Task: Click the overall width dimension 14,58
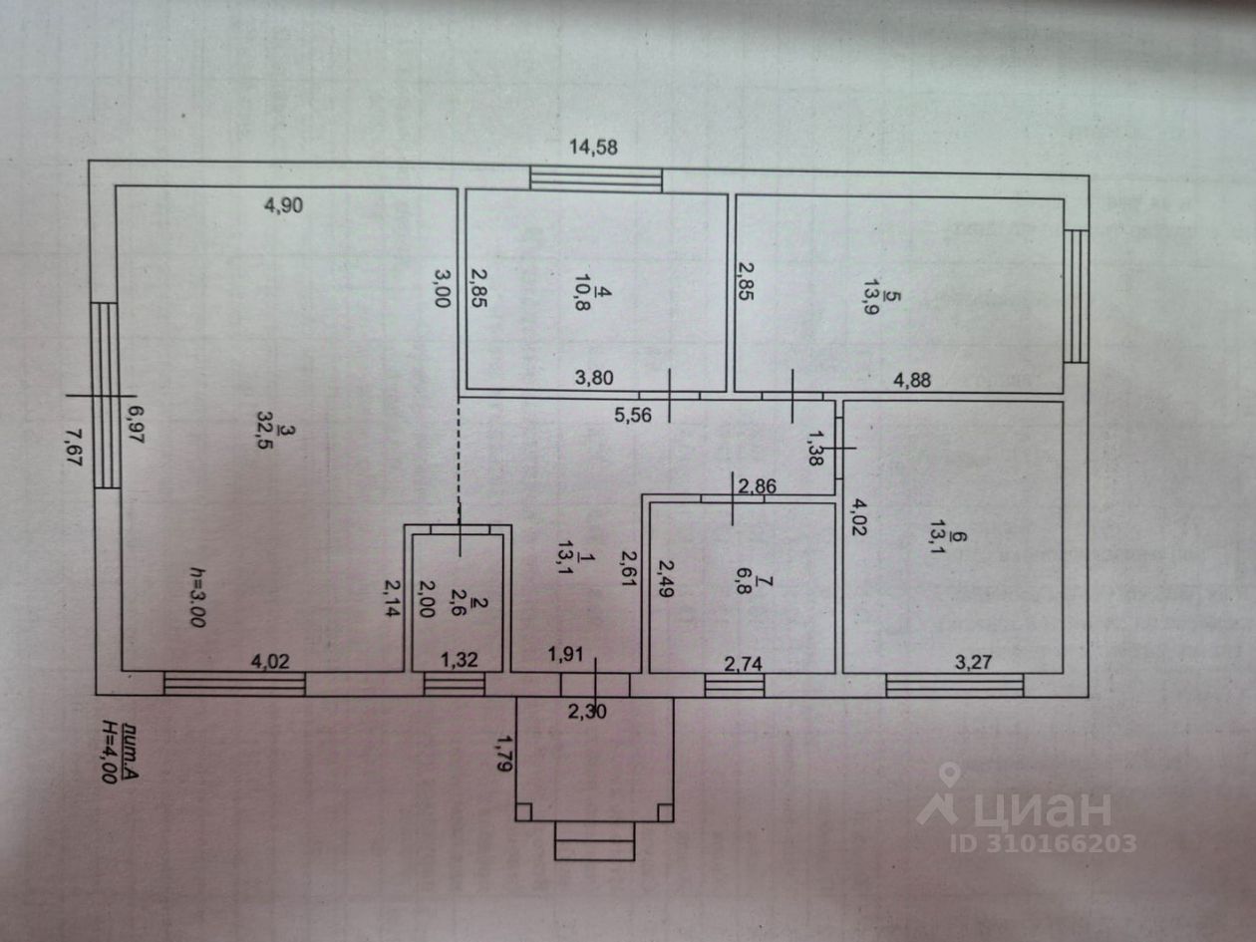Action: [x=593, y=148]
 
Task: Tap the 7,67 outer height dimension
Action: [x=74, y=448]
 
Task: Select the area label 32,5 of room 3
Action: [x=265, y=430]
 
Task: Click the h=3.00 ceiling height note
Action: [x=197, y=597]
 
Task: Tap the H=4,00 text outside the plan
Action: [x=107, y=751]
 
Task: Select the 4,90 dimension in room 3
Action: [x=283, y=205]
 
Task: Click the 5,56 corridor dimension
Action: [x=633, y=416]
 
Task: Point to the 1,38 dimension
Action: [x=813, y=448]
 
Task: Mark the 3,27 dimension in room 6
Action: [x=973, y=662]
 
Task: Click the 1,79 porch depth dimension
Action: [x=502, y=754]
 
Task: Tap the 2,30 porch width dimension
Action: [x=587, y=712]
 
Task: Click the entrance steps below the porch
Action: [x=594, y=840]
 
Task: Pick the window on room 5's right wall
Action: [x=1076, y=296]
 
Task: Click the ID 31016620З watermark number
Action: [x=1043, y=843]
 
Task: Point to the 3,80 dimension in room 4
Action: [x=594, y=378]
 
